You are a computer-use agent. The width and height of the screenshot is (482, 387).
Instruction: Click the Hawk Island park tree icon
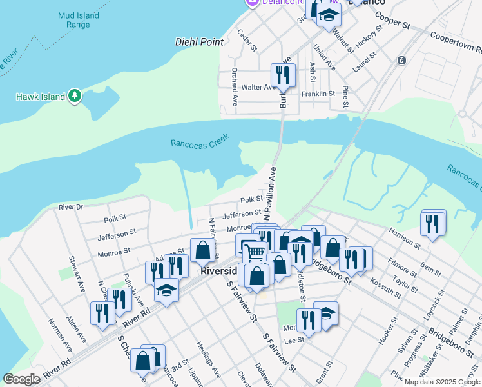coord(75,96)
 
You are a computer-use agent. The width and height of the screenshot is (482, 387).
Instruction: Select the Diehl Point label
coord(199,42)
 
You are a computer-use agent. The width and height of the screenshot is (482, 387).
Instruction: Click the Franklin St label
coord(318,94)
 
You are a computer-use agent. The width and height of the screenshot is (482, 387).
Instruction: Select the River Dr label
coord(71,207)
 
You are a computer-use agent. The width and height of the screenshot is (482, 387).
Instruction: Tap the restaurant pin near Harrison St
coord(432,224)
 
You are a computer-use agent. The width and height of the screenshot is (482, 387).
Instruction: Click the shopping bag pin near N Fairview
coord(202,252)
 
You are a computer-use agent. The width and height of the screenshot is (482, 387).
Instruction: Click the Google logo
coord(22,379)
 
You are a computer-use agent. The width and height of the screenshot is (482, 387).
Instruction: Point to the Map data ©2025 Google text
coord(442,382)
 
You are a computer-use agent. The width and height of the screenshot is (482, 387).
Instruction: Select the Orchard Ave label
coord(235,95)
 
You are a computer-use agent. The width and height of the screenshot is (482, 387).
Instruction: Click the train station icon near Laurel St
coord(401,61)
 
